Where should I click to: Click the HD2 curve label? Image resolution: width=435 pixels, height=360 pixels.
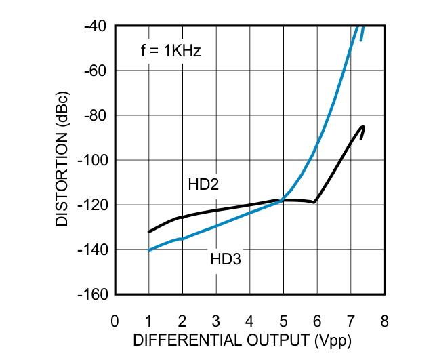pos(203,184)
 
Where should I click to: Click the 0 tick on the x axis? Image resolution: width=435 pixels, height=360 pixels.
pos(115,320)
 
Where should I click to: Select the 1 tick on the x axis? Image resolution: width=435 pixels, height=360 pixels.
pos(149,320)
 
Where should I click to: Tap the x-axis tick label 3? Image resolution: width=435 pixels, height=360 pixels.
pos(216,320)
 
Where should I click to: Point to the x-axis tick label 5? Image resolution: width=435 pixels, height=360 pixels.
pos(283,320)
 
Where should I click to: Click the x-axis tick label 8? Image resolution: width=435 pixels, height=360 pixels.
pos(384,320)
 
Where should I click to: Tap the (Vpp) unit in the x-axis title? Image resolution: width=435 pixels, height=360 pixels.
pos(331,340)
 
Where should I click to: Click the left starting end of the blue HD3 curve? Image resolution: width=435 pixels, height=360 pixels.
pos(149,250)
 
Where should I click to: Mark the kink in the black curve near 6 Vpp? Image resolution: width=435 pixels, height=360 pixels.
pos(314,202)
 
